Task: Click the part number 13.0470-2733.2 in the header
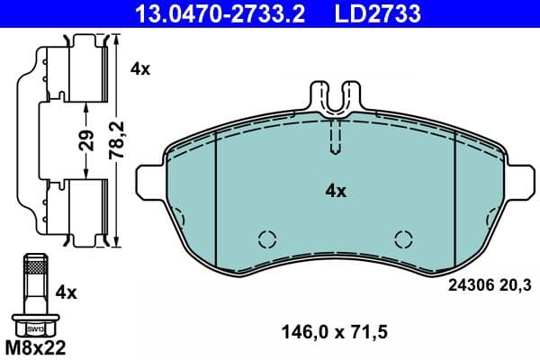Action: point(210,13)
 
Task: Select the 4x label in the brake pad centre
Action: point(336,191)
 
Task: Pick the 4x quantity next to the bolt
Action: point(67,292)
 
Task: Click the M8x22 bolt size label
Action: point(36,346)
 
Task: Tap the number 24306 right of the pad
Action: point(469,286)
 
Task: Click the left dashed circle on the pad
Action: point(265,238)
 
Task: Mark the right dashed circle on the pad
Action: point(404,238)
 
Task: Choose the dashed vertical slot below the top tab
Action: point(335,137)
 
